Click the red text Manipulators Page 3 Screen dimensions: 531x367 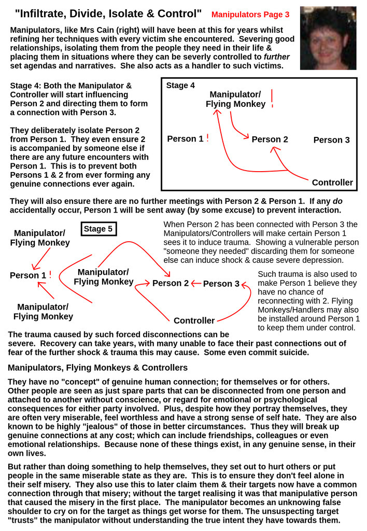click(x=250, y=15)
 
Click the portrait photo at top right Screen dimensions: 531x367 click(x=328, y=38)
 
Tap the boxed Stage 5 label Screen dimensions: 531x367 click(x=98, y=229)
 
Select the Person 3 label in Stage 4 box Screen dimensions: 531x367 click(x=331, y=140)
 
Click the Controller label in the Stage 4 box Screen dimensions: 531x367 click(x=332, y=183)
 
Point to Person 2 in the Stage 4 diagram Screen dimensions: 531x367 click(x=270, y=139)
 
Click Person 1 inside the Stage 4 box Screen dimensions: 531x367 click(x=185, y=139)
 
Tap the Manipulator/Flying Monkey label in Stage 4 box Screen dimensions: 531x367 click(x=235, y=99)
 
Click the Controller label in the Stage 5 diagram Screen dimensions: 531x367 click(x=194, y=320)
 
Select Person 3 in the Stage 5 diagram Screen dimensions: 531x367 click(x=221, y=284)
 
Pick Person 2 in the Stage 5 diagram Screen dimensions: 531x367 click(x=171, y=283)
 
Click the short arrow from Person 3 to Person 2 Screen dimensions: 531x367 click(x=196, y=284)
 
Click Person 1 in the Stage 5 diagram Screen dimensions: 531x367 click(x=28, y=275)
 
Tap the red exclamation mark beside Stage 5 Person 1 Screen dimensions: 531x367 click(x=50, y=275)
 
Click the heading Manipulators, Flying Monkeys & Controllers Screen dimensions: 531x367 click(x=97, y=368)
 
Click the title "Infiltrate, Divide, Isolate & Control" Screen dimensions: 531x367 click(x=108, y=13)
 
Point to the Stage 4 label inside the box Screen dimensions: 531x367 click(x=180, y=86)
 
